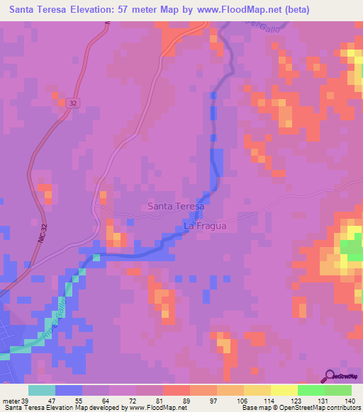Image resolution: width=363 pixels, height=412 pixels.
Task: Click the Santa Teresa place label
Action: tap(175, 206)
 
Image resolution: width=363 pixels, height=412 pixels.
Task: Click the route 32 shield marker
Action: tap(74, 103)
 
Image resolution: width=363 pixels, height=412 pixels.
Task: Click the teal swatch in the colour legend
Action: tap(42, 390)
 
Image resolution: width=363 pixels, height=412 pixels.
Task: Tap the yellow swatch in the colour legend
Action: tap(284, 390)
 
